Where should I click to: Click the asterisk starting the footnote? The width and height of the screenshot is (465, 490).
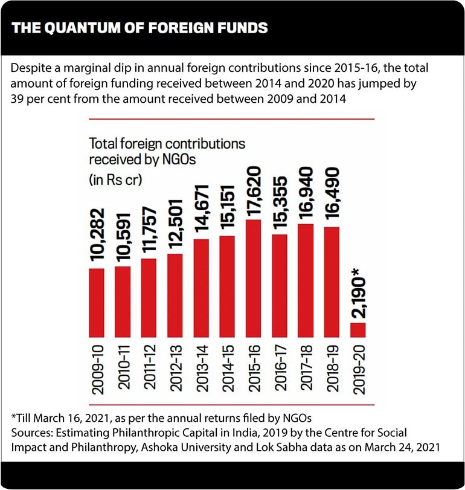pos(13,418)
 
